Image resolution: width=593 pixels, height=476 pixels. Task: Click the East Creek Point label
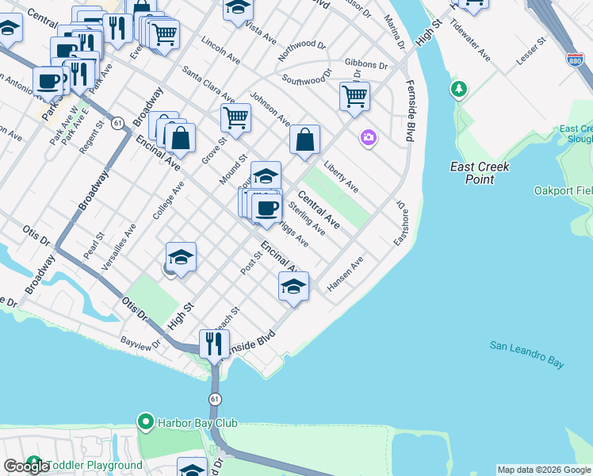click(x=479, y=173)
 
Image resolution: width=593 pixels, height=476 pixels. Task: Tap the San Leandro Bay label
click(x=526, y=354)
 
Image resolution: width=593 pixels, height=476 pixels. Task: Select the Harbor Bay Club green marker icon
click(x=144, y=420)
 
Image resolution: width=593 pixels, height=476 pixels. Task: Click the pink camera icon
click(x=368, y=138)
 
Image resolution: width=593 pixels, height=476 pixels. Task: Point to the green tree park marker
click(x=458, y=89)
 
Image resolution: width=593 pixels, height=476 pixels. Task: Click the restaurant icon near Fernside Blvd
click(x=214, y=344)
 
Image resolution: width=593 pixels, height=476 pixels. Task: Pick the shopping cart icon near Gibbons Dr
click(x=354, y=97)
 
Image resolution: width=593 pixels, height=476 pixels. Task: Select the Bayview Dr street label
click(x=140, y=344)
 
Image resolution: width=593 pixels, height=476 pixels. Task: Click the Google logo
click(x=27, y=466)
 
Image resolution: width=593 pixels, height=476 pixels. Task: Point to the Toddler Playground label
click(x=94, y=466)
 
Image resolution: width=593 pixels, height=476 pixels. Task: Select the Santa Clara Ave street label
click(x=209, y=84)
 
